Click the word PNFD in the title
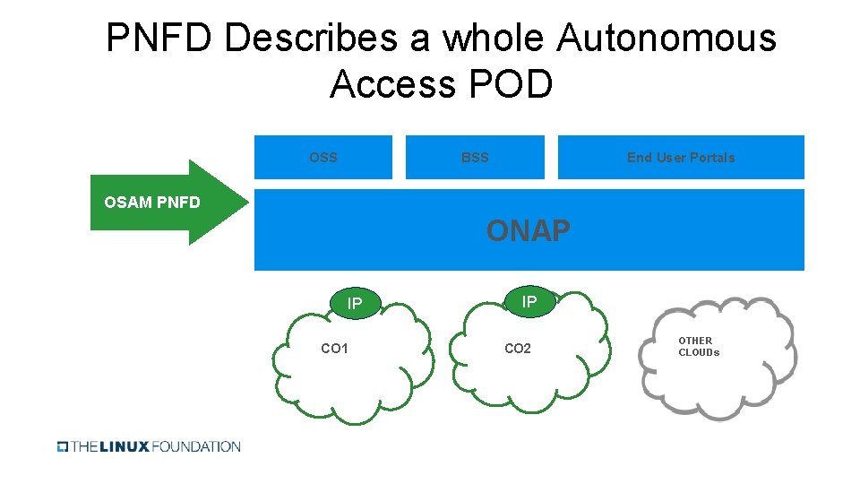pyautogui.click(x=159, y=39)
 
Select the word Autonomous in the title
pyautogui.click(x=666, y=39)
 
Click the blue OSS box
pyautogui.click(x=323, y=158)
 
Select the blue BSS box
pyautogui.click(x=475, y=158)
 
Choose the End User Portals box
pyautogui.click(x=681, y=158)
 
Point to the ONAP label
pyautogui.click(x=529, y=231)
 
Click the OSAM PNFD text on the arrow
pyautogui.click(x=152, y=203)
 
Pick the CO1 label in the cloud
pyautogui.click(x=334, y=349)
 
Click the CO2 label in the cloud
pyautogui.click(x=518, y=349)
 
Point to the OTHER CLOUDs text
pyautogui.click(x=699, y=347)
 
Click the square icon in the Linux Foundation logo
pyautogui.click(x=63, y=446)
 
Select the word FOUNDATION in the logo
pyautogui.click(x=196, y=446)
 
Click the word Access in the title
pyautogui.click(x=392, y=85)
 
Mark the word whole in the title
pyautogui.click(x=493, y=39)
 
